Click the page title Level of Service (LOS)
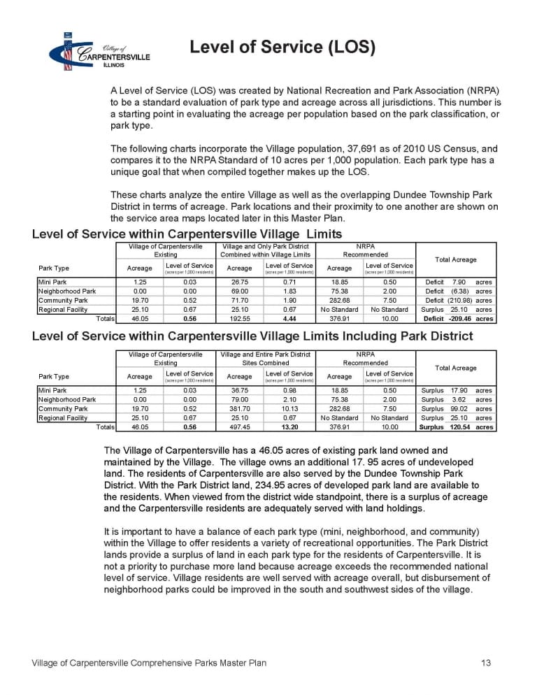(x=282, y=48)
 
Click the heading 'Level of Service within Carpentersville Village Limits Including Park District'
(x=252, y=336)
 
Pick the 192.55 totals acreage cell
(x=240, y=319)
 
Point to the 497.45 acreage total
(x=240, y=427)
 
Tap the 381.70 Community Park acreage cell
(x=240, y=408)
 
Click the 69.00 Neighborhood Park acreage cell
(x=240, y=291)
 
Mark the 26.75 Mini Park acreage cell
(x=240, y=282)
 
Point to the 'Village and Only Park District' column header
(x=265, y=247)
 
